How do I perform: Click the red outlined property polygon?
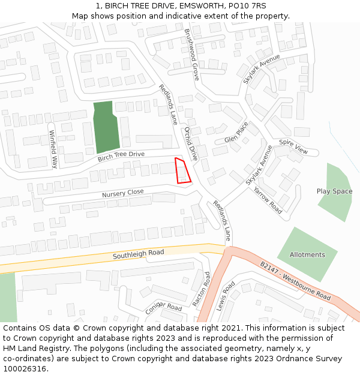pyautogui.click(x=182, y=170)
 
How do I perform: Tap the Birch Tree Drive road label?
pyautogui.click(x=121, y=157)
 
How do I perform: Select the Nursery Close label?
pyautogui.click(x=123, y=193)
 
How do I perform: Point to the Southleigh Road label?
pyautogui.click(x=139, y=255)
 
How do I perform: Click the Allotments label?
pyautogui.click(x=307, y=254)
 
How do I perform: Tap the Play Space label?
pyautogui.click(x=334, y=191)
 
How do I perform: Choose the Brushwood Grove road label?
pyautogui.click(x=191, y=55)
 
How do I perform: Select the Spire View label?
pyautogui.click(x=293, y=148)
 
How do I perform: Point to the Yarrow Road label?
pyautogui.click(x=267, y=200)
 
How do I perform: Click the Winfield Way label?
pyautogui.click(x=53, y=148)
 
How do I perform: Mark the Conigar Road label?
pyautogui.click(x=163, y=307)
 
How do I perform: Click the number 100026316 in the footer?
pyautogui.click(x=25, y=368)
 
